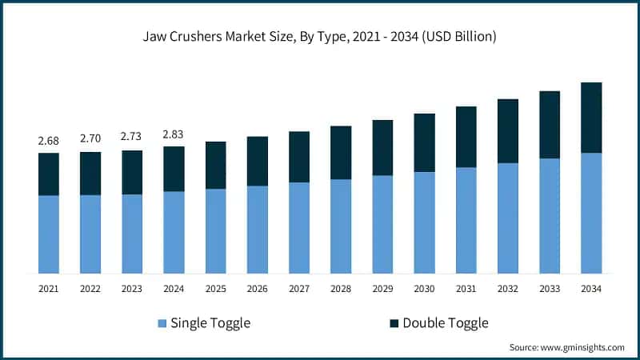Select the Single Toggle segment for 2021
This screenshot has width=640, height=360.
49,234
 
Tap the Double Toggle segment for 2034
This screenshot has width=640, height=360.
591,118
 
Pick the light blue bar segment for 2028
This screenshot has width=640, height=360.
341,226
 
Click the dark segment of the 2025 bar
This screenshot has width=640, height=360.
215,166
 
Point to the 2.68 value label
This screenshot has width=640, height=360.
49,141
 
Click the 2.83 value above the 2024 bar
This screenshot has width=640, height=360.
174,134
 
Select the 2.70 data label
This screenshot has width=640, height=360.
90,139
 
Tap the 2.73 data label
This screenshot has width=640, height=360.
132,138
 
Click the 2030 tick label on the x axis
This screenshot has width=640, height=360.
424,288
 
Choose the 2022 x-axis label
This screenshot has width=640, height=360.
90,288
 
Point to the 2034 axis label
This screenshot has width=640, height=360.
591,288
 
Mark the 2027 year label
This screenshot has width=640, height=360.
299,288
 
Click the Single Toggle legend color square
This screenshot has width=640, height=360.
163,323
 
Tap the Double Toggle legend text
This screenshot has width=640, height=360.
445,323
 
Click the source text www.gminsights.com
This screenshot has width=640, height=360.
566,347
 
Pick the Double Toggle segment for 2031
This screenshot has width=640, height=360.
466,137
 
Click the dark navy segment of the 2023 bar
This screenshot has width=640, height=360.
132,172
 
